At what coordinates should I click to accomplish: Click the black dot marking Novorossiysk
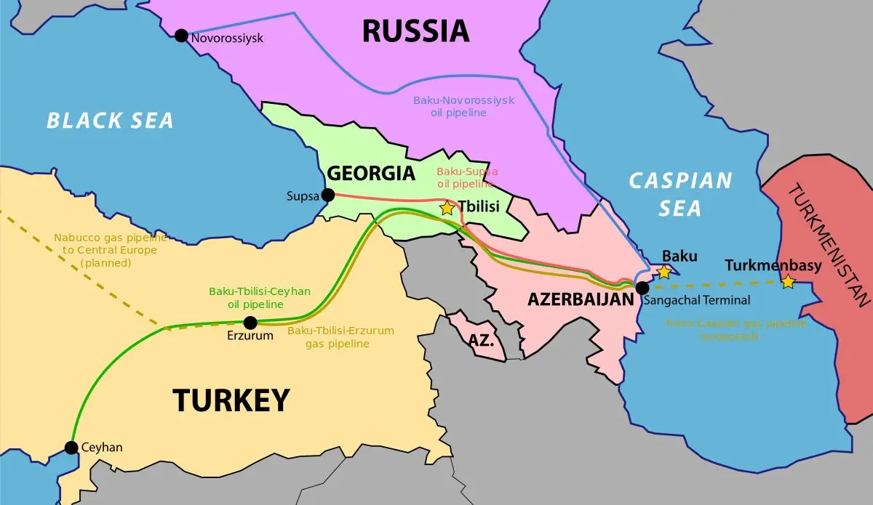pos(181,36)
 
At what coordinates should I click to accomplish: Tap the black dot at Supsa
pos(328,195)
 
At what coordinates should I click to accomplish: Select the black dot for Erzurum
pos(250,323)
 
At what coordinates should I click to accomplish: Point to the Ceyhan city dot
pos(71,448)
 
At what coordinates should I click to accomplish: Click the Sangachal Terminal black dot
pos(642,288)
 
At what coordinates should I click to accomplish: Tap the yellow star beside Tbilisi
pos(447,208)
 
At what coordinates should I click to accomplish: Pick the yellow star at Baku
pos(663,272)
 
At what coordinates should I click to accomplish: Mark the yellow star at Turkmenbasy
pos(788,281)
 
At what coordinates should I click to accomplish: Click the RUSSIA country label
pos(415,31)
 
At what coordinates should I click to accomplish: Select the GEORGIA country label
pos(371,174)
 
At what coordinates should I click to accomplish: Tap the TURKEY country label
pos(231,400)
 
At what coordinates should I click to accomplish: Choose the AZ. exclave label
pos(481,339)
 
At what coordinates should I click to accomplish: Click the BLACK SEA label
pos(110,120)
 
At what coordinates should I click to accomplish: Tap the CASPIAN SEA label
pos(680,194)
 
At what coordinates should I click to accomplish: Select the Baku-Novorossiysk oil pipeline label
pos(463,107)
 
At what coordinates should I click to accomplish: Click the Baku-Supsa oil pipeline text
pos(467,178)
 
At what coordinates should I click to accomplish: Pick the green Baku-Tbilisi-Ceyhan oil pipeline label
pos(260,297)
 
